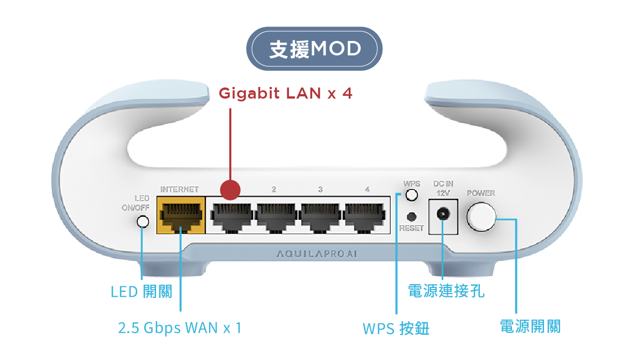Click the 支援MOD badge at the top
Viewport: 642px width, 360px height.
[x=314, y=49]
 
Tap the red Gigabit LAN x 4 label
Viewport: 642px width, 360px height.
[x=286, y=94]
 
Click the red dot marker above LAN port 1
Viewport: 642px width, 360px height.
[x=230, y=189]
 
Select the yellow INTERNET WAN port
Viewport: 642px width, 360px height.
[x=180, y=217]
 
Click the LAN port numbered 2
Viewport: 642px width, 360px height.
[x=276, y=217]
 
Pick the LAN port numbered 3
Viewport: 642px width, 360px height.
[x=321, y=217]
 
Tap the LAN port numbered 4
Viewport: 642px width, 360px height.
[x=366, y=217]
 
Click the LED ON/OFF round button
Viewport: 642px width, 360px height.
[x=143, y=222]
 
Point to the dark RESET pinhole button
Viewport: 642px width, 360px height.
[x=411, y=217]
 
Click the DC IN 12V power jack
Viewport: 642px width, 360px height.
[x=443, y=215]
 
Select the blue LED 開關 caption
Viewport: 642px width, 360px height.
[x=141, y=291]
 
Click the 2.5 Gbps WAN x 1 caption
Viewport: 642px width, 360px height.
[x=180, y=328]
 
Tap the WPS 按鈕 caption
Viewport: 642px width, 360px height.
[x=396, y=328]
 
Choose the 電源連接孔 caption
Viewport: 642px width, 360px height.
[x=446, y=291]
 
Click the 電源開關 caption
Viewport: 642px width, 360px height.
[x=530, y=327]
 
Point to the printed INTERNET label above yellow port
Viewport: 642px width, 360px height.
[x=179, y=189]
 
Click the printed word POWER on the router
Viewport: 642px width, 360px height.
[x=481, y=193]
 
